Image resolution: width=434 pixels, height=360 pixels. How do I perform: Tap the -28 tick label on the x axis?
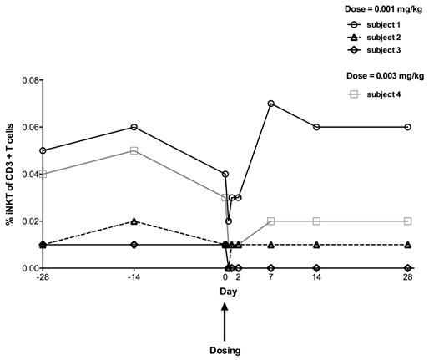pyautogui.click(x=43, y=277)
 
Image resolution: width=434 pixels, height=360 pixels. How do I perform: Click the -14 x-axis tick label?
pyautogui.click(x=134, y=277)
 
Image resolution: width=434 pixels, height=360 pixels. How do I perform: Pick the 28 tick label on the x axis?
pyautogui.click(x=406, y=277)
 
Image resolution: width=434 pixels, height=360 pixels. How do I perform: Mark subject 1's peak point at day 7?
pyautogui.click(x=271, y=104)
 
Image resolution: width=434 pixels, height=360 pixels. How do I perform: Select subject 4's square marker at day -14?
pyautogui.click(x=134, y=150)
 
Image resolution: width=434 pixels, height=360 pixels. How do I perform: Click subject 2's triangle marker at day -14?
pyautogui.click(x=134, y=221)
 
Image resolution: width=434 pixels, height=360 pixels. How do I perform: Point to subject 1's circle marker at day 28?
pyautogui.click(x=406, y=127)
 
